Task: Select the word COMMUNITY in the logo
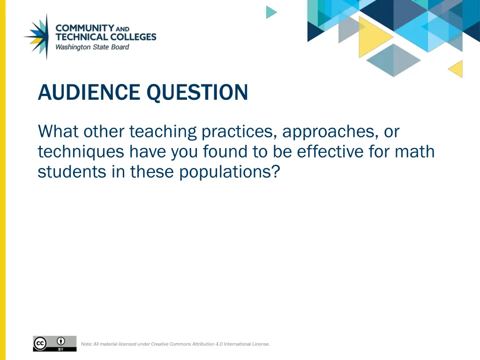click(85, 28)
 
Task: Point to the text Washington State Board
click(92, 47)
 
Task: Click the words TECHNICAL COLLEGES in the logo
click(105, 37)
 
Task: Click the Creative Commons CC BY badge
click(54, 344)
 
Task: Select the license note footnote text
click(175, 344)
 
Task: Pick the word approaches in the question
click(330, 132)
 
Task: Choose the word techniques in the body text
click(81, 152)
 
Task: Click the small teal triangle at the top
click(270, 12)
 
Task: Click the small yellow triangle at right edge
click(457, 69)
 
